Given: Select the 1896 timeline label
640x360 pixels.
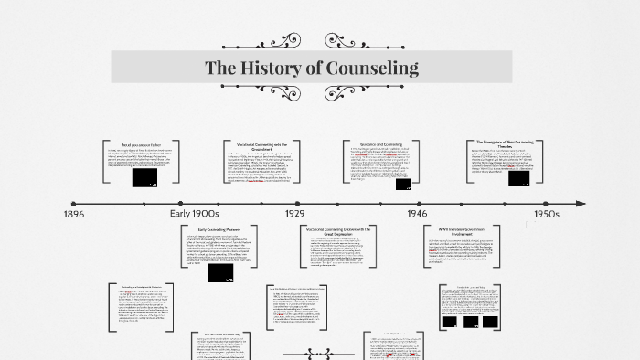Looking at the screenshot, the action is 76,214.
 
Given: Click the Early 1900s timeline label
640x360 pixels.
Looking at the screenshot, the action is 195,214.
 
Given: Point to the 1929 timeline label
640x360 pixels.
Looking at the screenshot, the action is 294,214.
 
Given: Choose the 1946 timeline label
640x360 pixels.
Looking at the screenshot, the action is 416,214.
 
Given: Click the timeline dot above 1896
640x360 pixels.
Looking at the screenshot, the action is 75,203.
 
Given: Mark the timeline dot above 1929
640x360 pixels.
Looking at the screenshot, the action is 298,203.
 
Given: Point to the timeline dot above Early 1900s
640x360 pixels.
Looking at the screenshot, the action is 182,203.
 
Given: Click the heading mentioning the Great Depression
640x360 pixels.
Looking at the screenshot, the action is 338,232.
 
